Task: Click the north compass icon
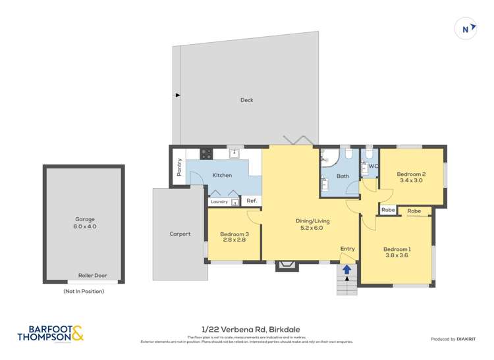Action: [x=466, y=29]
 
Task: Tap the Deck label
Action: [x=246, y=100]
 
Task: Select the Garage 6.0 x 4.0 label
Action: [x=84, y=222]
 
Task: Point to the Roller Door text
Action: [x=92, y=276]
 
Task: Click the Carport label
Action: [x=180, y=234]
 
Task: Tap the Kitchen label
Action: [x=222, y=175]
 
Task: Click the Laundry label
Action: [x=219, y=201]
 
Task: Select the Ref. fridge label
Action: [x=251, y=201]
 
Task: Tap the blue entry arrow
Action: [x=346, y=269]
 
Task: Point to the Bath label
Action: [x=343, y=176]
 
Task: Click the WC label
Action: [x=373, y=167]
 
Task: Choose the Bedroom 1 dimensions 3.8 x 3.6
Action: [x=397, y=256]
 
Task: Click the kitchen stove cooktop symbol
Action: [x=206, y=154]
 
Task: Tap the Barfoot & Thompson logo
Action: [x=51, y=334]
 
